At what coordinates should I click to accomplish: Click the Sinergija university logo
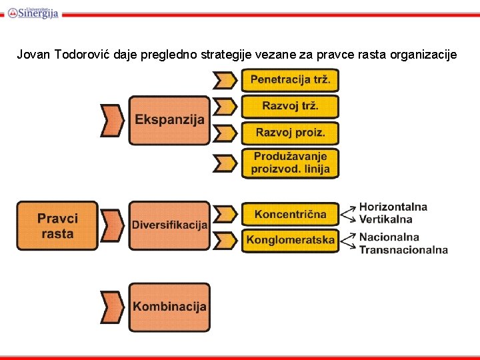click(33, 12)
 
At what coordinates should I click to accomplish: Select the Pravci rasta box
click(57, 226)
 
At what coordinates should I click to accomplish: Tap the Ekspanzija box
click(169, 120)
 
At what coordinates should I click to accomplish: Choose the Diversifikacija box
click(169, 225)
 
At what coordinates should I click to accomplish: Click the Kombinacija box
click(169, 307)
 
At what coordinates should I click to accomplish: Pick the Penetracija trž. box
click(290, 81)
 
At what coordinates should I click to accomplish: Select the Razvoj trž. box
click(290, 106)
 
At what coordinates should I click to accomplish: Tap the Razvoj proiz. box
click(290, 133)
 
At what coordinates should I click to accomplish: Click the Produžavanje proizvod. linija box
click(290, 163)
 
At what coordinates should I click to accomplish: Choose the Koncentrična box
click(290, 214)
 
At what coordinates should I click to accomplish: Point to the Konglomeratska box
click(290, 240)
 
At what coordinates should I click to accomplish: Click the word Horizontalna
click(393, 207)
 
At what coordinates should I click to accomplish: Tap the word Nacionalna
click(389, 237)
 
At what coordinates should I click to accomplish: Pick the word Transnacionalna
click(403, 250)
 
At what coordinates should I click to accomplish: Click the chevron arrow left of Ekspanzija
click(112, 120)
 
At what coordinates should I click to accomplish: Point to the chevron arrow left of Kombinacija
click(112, 307)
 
